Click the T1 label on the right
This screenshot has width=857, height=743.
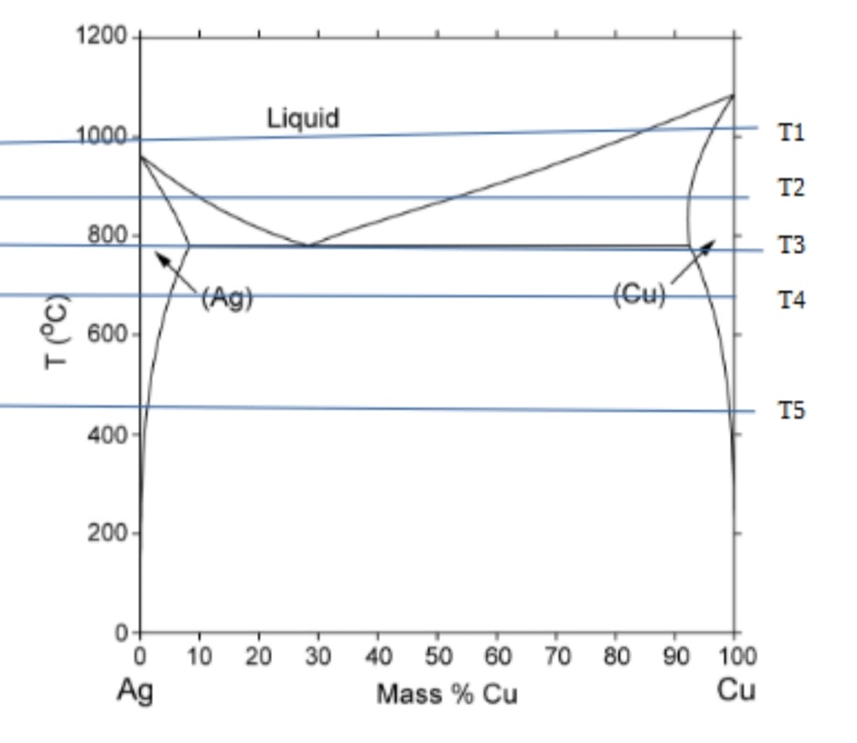[791, 132]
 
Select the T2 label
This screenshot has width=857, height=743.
[791, 188]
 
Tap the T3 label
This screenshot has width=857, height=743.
[791, 245]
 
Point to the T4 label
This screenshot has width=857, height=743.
[791, 300]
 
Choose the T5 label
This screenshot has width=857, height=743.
[791, 410]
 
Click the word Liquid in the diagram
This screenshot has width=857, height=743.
[302, 118]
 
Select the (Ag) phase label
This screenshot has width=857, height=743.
[226, 298]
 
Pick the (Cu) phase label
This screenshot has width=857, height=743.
[640, 295]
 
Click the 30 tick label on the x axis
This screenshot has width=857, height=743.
[317, 657]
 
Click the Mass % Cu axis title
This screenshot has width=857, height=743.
[447, 695]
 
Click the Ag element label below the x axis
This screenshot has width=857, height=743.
[135, 690]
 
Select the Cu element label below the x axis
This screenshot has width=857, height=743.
[736, 690]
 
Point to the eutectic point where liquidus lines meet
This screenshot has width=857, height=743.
[308, 245]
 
